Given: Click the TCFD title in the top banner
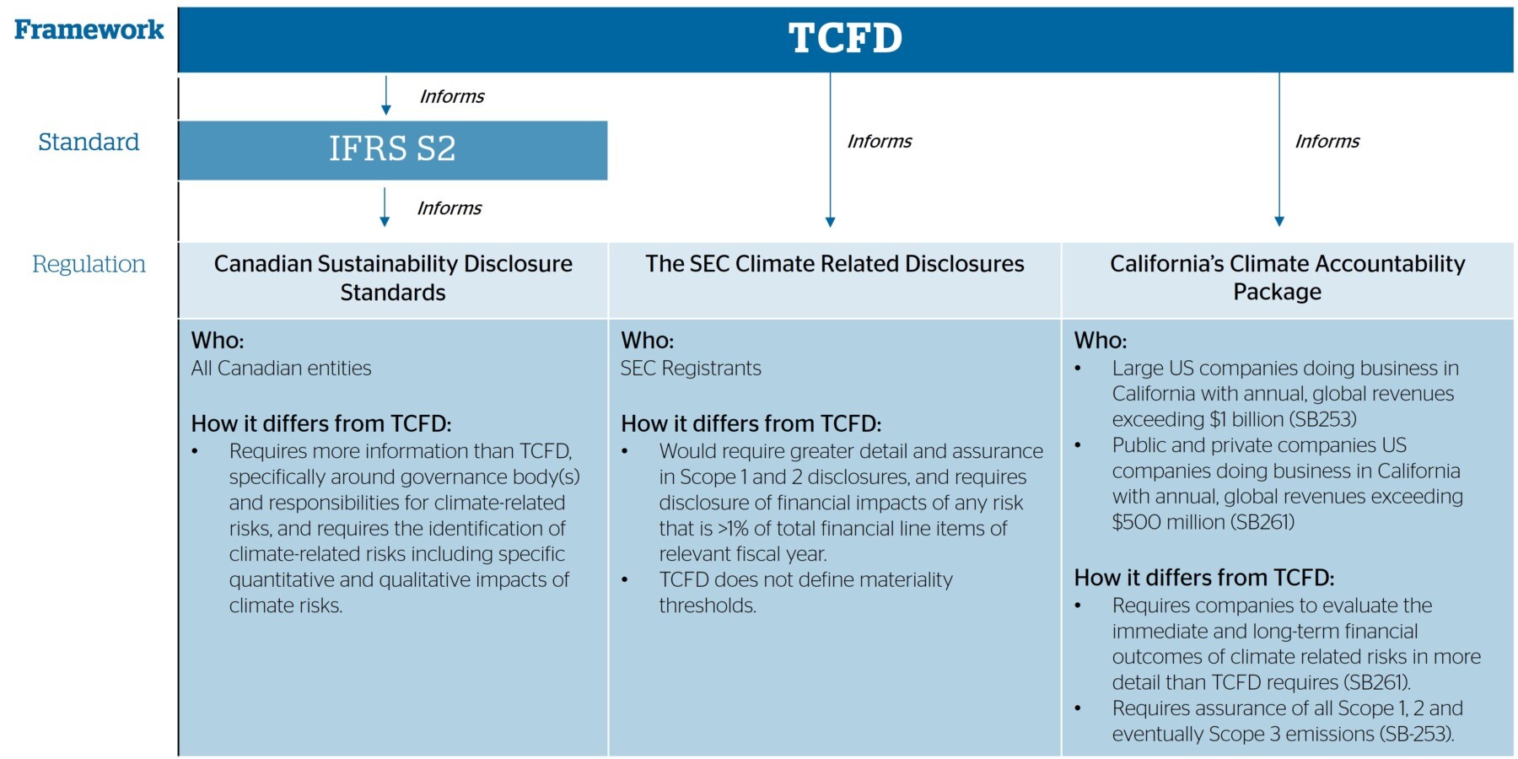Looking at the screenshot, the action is click(x=845, y=38).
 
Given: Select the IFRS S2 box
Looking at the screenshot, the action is click(x=393, y=150).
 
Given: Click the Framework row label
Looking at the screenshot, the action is click(x=89, y=30).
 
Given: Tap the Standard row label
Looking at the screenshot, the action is click(x=89, y=142).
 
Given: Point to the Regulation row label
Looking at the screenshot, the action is click(x=89, y=264).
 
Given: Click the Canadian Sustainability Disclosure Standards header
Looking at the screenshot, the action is click(x=393, y=277).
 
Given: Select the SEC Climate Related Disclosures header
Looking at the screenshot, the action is click(x=835, y=264).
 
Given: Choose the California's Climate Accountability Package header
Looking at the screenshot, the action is click(x=1287, y=277).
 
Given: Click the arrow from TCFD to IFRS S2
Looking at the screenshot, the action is click(x=386, y=95).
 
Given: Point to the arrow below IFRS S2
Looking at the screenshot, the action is click(x=385, y=207).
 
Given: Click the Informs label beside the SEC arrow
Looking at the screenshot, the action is click(x=880, y=141).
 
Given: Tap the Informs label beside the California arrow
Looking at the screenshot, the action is click(x=1327, y=141).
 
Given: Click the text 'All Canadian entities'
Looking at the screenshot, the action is click(x=281, y=369).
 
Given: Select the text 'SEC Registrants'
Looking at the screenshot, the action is click(x=691, y=369).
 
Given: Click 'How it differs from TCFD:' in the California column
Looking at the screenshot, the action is click(x=1204, y=578).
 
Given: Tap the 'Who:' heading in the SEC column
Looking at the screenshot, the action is click(x=648, y=341).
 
